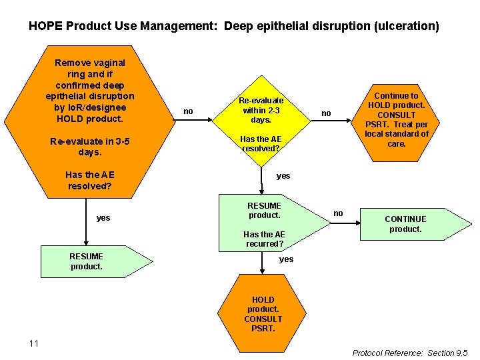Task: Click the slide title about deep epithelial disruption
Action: (x=234, y=27)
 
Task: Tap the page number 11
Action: (x=34, y=343)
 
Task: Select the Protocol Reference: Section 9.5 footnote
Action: (x=410, y=353)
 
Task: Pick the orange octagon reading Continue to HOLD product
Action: (x=397, y=119)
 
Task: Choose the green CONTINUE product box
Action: (x=405, y=224)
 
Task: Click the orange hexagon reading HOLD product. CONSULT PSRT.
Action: (x=263, y=314)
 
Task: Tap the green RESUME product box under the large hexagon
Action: (x=87, y=261)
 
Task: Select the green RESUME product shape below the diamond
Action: (x=264, y=211)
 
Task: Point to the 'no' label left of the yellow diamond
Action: (x=189, y=111)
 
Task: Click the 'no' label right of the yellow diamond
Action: (x=326, y=113)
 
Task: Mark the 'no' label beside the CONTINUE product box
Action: (x=338, y=213)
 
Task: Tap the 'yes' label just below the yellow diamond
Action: (x=283, y=176)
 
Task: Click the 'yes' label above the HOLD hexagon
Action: (x=286, y=259)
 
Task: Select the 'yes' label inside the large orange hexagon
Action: (x=103, y=218)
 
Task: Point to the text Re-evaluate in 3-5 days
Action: (x=91, y=147)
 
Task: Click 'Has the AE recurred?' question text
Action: (x=264, y=239)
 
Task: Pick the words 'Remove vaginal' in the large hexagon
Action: (x=90, y=63)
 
